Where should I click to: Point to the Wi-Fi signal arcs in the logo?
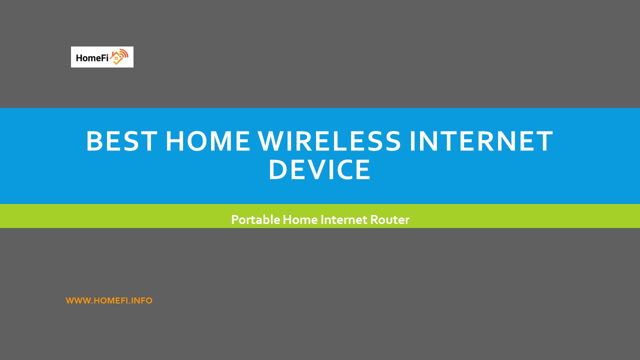pyautogui.click(x=123, y=53)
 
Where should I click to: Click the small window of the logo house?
pyautogui.click(x=117, y=59)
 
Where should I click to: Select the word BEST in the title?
pyautogui.click(x=121, y=141)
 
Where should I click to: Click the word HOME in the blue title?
pyautogui.click(x=207, y=141)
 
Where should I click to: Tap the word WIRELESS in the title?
pyautogui.click(x=329, y=141)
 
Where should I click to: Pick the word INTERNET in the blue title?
pyautogui.click(x=481, y=141)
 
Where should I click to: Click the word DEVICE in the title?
pyautogui.click(x=319, y=170)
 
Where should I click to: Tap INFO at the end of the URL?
pyautogui.click(x=142, y=300)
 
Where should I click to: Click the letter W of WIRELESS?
pyautogui.click(x=272, y=141)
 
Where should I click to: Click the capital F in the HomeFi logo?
pyautogui.click(x=103, y=57)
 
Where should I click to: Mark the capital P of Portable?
pyautogui.click(x=234, y=219)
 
